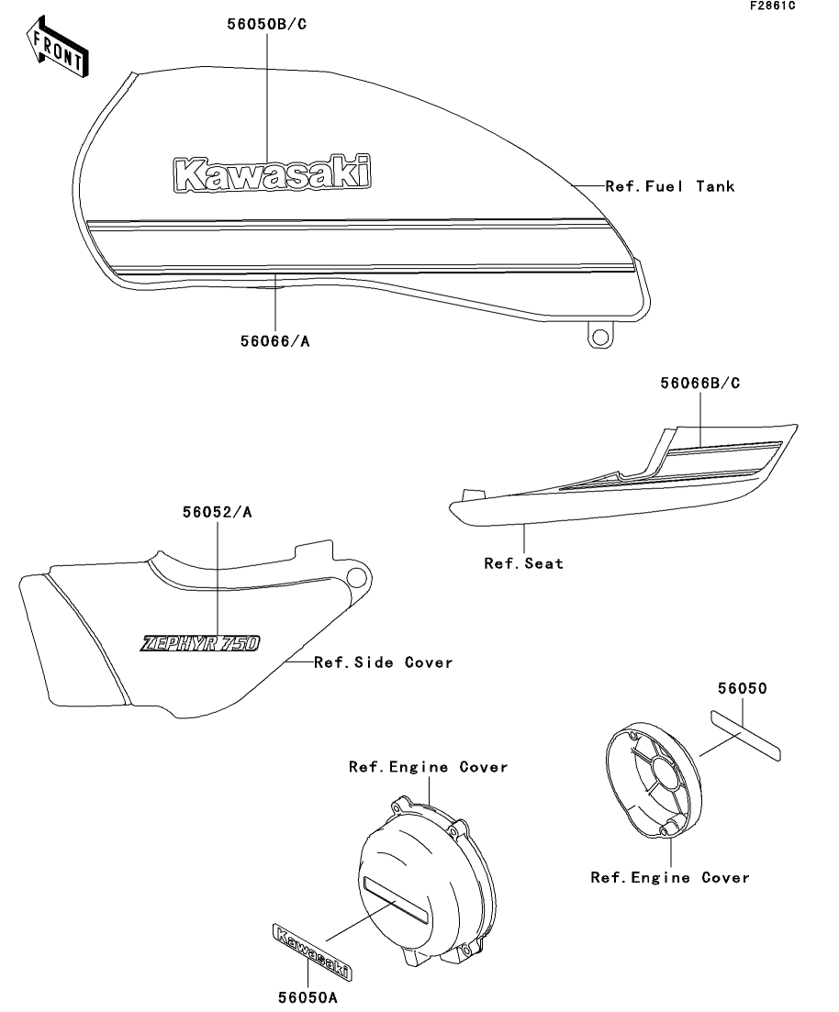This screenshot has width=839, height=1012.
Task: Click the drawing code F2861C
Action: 773,6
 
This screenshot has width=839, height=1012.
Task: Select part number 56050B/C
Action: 267,25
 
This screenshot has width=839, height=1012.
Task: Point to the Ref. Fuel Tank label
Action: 670,186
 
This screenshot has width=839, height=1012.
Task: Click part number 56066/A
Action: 275,340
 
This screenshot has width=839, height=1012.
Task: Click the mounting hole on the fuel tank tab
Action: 600,337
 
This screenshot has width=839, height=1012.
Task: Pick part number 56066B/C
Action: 700,383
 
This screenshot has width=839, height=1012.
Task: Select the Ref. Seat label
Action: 524,563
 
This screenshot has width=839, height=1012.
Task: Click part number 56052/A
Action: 217,512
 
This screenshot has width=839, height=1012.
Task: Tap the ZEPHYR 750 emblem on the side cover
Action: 200,643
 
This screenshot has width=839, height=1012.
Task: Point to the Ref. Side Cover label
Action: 383,662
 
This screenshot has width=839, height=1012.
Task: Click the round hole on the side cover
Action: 356,577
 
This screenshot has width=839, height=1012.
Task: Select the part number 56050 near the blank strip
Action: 742,689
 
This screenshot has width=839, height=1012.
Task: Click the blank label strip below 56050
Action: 746,736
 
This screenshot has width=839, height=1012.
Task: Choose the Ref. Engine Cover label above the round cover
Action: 428,767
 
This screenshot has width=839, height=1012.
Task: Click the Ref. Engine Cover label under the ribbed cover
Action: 670,878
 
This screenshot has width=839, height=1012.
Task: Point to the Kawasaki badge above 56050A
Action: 311,952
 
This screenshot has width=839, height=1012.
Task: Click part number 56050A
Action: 308,997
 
